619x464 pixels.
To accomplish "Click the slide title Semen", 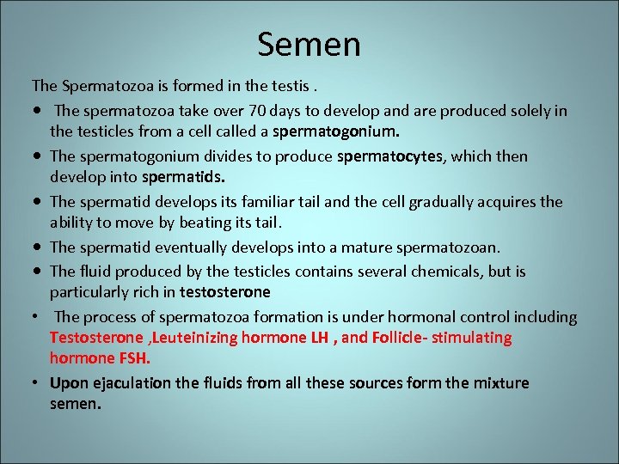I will [309, 44].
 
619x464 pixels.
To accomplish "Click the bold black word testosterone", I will [225, 292].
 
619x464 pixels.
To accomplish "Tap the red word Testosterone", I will [97, 338].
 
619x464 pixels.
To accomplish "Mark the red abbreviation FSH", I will [144, 358].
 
